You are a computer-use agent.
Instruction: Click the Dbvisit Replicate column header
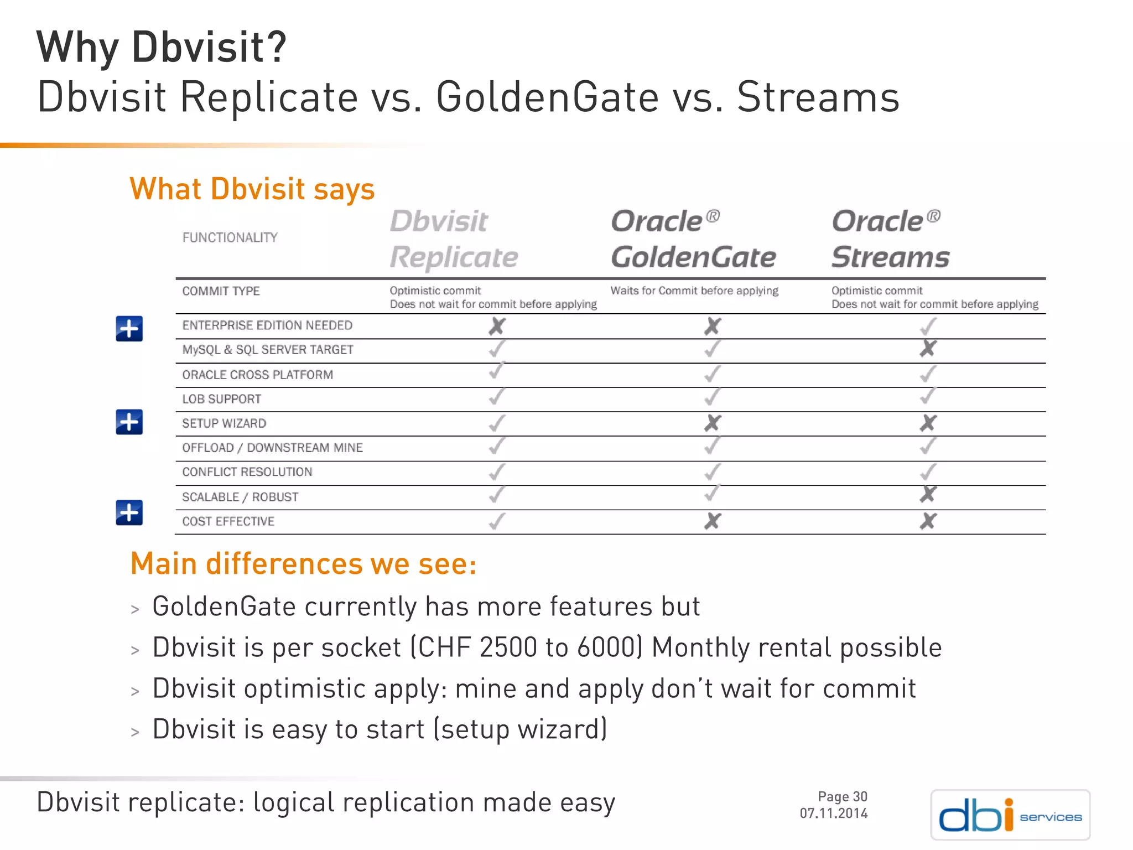click(454, 240)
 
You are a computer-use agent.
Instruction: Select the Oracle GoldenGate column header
click(693, 240)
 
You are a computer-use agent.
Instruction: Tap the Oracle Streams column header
click(890, 240)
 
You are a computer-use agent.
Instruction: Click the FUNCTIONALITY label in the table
click(230, 238)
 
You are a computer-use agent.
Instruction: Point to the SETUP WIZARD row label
click(224, 423)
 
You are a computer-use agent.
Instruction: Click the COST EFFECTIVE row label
click(228, 521)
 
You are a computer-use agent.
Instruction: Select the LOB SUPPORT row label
click(221, 399)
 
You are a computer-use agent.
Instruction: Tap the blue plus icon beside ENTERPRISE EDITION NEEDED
click(129, 329)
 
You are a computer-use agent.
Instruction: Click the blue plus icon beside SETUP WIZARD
click(129, 422)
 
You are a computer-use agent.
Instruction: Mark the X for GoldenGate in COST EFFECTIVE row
click(713, 521)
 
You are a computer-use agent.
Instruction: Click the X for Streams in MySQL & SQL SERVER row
click(928, 349)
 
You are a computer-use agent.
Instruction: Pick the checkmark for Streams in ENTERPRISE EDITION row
click(928, 326)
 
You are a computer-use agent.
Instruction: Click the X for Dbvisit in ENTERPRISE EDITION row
click(497, 326)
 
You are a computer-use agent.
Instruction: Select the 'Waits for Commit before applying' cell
click(694, 291)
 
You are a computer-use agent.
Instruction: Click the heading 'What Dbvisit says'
click(252, 189)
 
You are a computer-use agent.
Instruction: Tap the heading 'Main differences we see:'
click(303, 564)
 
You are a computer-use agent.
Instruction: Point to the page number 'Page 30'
click(842, 797)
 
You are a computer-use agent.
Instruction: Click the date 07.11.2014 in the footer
click(833, 813)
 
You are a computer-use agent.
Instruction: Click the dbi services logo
click(1010, 815)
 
